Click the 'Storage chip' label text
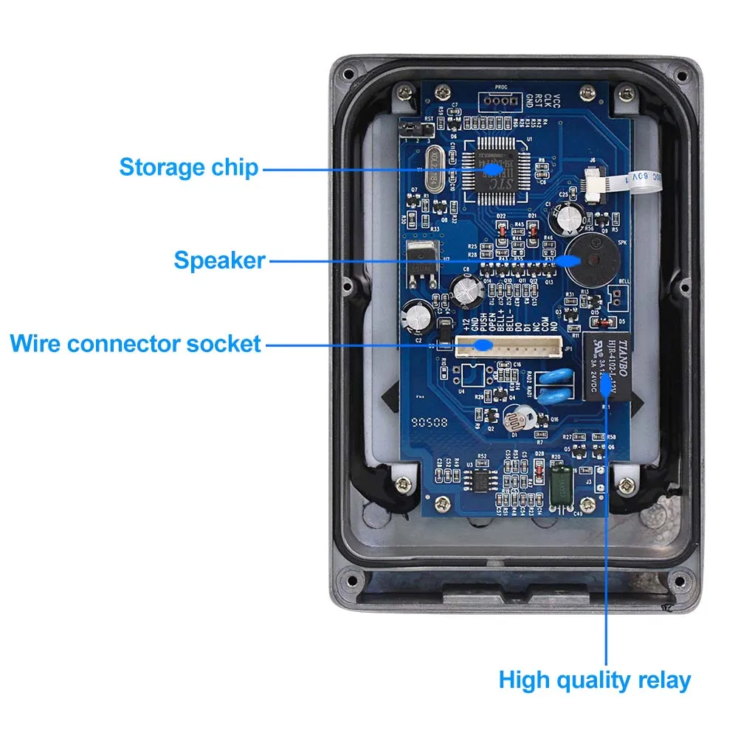pos(189,167)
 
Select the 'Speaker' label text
pos(219,260)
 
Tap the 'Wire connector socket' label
pos(136,343)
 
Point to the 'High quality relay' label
pos(595,680)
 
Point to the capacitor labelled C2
pos(417,317)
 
